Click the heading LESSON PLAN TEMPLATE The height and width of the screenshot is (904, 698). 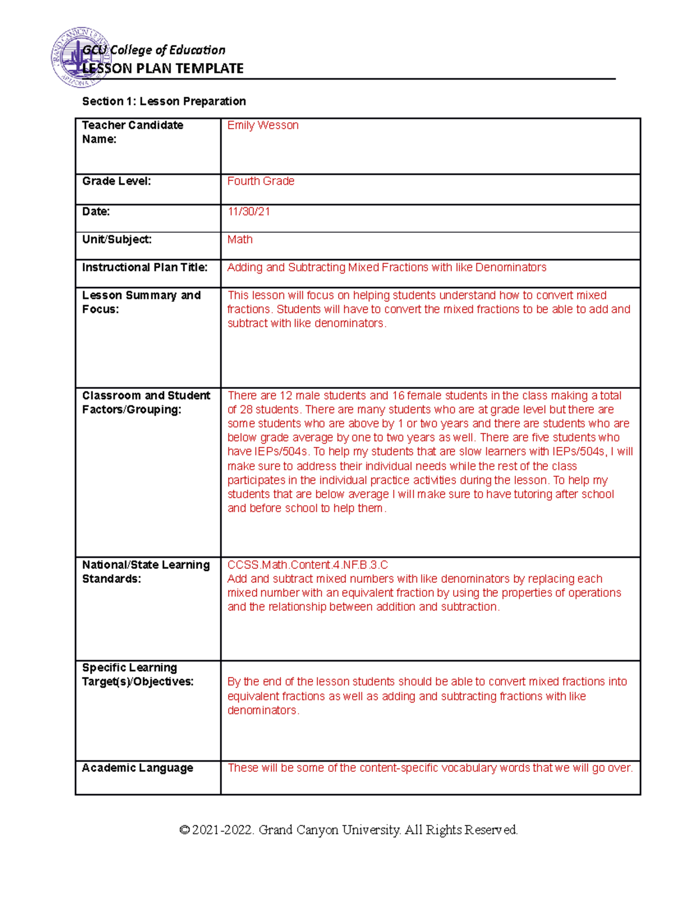pos(163,69)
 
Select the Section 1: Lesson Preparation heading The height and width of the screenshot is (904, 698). pos(164,101)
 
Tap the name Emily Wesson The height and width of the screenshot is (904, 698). pos(263,125)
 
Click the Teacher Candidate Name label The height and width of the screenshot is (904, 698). pos(133,132)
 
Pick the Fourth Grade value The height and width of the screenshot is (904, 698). pos(261,181)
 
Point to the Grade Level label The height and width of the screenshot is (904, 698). pos(116,181)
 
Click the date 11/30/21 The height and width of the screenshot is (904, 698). pos(249,211)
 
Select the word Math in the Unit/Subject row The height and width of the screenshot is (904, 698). pos(240,239)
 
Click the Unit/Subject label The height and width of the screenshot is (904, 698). pos(117,239)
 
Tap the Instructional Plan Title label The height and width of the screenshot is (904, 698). pos(145,267)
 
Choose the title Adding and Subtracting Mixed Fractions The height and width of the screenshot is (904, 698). pos(387,267)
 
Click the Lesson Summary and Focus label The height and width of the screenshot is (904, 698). pos(141,302)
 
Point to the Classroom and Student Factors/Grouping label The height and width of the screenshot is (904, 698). pos(146,402)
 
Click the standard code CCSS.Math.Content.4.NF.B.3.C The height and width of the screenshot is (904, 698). pos(308,565)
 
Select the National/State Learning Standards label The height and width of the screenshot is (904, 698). pos(146,572)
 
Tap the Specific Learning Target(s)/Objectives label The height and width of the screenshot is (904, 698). pos(138,674)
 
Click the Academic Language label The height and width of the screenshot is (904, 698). pos(137,768)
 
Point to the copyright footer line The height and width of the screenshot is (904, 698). pos(348,829)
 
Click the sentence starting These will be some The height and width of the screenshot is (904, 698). pos(430,768)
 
